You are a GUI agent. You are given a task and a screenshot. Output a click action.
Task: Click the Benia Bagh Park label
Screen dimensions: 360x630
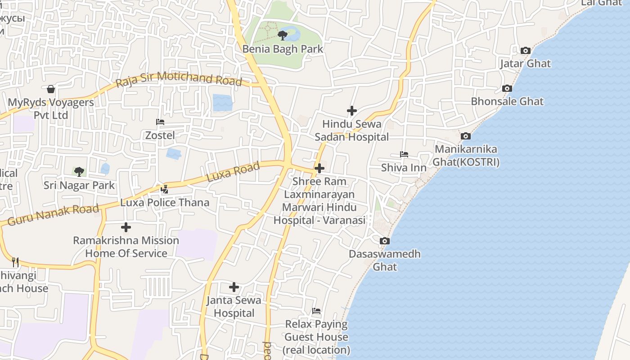(x=283, y=49)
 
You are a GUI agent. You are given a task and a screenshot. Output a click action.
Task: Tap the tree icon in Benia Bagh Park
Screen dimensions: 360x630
(x=283, y=35)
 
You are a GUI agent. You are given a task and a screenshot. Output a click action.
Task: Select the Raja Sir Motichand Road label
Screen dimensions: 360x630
(x=179, y=79)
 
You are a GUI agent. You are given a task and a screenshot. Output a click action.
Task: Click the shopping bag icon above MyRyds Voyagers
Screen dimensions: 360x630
(x=51, y=89)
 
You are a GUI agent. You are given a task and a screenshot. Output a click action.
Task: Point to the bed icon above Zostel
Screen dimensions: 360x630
(x=160, y=121)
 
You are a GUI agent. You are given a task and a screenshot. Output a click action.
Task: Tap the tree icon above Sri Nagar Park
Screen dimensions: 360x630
(x=79, y=171)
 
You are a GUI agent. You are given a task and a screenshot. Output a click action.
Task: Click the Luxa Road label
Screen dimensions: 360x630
(x=233, y=172)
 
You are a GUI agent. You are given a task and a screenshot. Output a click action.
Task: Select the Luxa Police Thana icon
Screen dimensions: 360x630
(x=164, y=189)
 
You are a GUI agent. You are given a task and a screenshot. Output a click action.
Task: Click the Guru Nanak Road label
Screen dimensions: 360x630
(x=53, y=215)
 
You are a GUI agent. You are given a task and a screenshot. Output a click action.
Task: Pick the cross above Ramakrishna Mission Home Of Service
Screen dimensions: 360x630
(x=126, y=227)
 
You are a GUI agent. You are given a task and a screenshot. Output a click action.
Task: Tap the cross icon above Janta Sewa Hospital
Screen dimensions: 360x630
(x=234, y=287)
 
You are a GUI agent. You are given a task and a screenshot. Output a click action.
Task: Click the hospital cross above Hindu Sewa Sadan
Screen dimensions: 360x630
(x=352, y=111)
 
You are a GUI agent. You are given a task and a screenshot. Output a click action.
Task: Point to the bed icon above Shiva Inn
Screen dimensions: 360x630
(x=404, y=154)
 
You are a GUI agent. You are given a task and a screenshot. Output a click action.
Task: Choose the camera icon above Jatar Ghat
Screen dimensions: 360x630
(x=525, y=51)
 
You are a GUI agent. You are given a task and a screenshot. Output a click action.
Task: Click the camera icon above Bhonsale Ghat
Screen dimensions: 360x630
(x=507, y=89)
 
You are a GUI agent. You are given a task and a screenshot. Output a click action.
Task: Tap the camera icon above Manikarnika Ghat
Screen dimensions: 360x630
(x=466, y=136)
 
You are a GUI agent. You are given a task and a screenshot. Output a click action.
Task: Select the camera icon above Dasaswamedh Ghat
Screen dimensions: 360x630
(x=384, y=241)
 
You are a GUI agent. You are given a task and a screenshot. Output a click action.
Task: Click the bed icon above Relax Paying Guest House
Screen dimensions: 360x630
(x=316, y=311)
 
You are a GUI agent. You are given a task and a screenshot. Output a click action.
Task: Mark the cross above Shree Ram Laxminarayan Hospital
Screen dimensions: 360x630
(x=319, y=169)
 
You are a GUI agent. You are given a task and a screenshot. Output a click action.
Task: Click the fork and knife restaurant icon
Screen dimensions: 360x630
(x=15, y=262)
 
